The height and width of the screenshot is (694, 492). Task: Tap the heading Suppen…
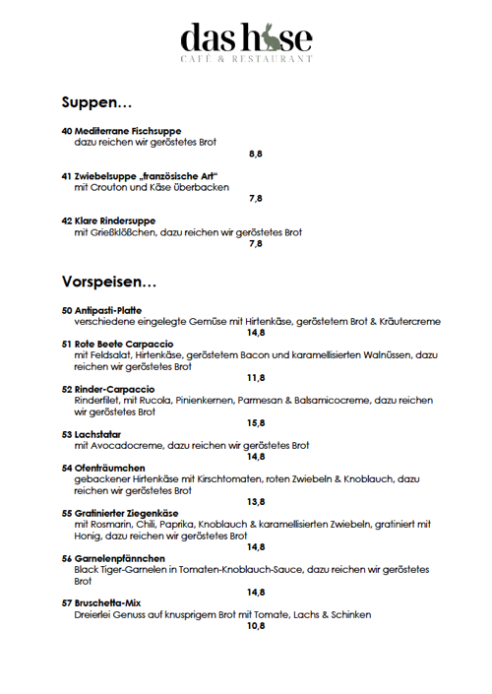point(96,101)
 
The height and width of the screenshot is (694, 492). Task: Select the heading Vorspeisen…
point(108,282)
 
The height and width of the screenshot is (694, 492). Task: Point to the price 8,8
point(256,154)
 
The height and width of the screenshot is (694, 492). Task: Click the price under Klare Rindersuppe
point(256,243)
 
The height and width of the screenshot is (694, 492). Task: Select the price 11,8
point(256,377)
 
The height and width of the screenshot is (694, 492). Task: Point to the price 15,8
point(256,423)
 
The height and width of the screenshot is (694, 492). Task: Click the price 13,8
point(256,501)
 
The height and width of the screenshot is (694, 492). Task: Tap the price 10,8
point(256,625)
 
